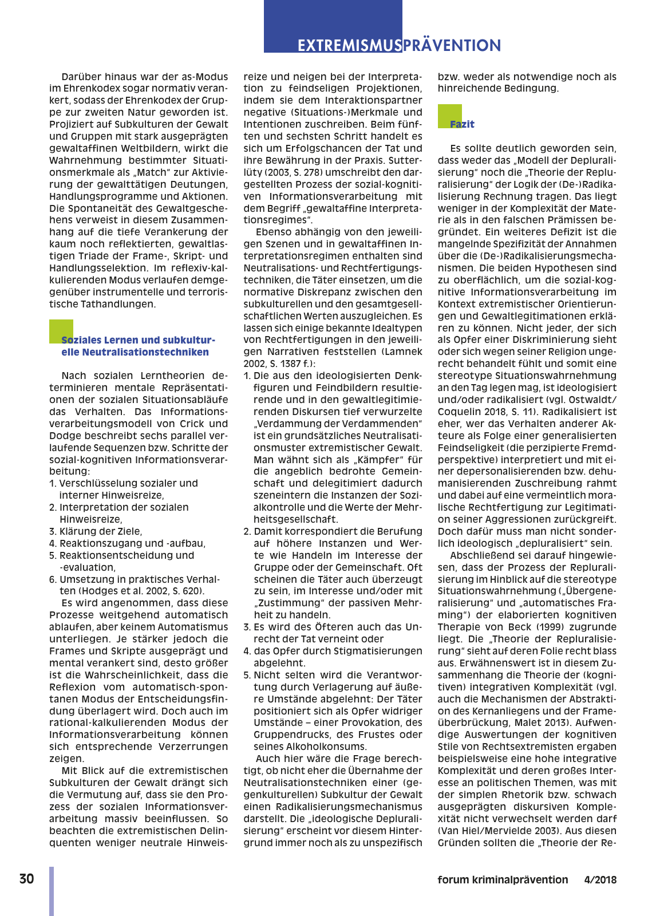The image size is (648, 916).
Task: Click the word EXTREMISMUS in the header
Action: pyautogui.click(x=349, y=46)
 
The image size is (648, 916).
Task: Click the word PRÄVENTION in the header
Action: pyautogui.click(x=452, y=46)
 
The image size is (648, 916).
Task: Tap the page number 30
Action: pyautogui.click(x=26, y=879)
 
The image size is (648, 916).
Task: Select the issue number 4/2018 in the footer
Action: pyautogui.click(x=600, y=880)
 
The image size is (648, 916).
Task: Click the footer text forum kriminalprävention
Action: pyautogui.click(x=503, y=880)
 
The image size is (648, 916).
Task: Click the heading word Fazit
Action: pyautogui.click(x=462, y=124)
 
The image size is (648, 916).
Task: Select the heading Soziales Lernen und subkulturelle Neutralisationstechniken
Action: pyautogui.click(x=137, y=346)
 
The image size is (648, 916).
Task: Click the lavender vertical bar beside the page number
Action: pyautogui.click(x=52, y=891)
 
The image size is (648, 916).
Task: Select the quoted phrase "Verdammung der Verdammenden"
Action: pyautogui.click(x=338, y=424)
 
